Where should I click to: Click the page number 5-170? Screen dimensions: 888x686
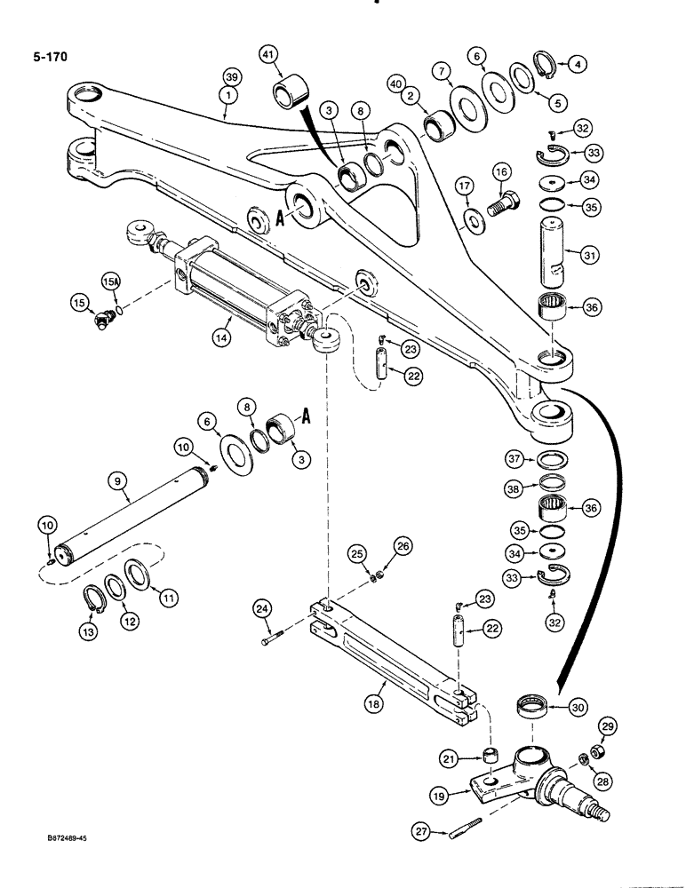pos(45,58)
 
